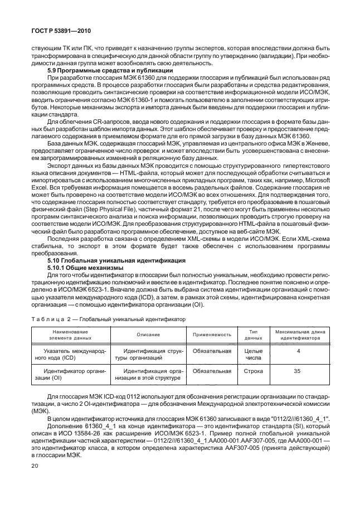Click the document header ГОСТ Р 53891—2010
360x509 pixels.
pyautogui.click(x=53, y=32)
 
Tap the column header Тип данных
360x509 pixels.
pyautogui.click(x=253, y=335)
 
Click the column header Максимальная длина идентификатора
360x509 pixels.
pyautogui.click(x=299, y=335)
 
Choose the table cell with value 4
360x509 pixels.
pyautogui.click(x=299, y=351)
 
